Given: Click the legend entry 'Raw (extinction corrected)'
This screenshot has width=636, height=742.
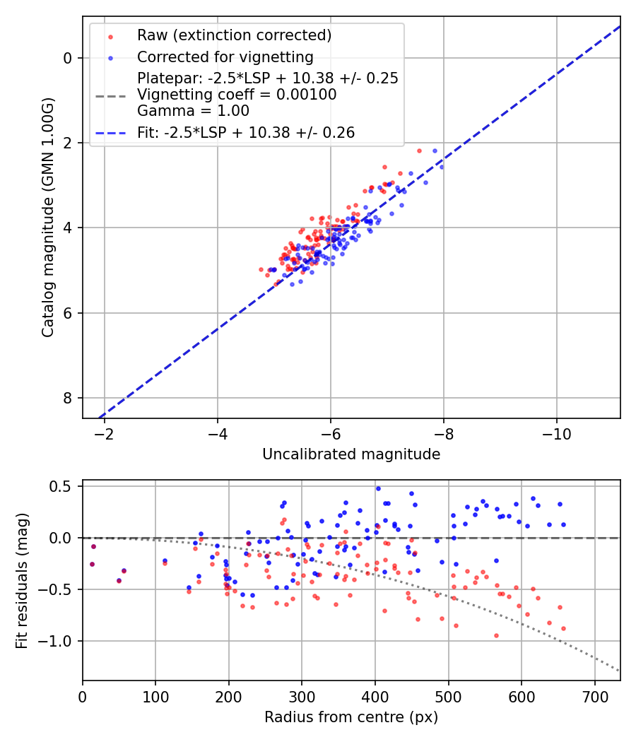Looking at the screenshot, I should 234,35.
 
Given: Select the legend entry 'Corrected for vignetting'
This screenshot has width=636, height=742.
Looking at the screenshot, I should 225,57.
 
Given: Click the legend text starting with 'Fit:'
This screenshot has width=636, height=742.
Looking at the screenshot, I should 246,132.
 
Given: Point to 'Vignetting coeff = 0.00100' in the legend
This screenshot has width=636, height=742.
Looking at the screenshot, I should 237,94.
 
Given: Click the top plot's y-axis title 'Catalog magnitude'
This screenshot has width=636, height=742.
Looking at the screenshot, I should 47,217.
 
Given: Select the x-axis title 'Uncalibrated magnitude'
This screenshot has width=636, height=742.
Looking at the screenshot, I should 351,454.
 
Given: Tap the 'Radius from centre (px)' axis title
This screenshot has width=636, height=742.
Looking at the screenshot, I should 351,717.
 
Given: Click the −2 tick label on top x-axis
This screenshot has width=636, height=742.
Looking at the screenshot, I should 105,433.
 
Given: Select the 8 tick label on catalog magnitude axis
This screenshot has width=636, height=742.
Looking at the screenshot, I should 69,398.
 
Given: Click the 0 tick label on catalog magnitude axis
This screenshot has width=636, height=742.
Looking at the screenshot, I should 69,58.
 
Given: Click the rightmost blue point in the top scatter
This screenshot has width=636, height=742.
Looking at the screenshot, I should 442,167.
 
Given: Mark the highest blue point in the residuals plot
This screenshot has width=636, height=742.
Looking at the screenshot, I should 378,488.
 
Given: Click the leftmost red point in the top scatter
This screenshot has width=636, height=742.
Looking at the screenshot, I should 261,269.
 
